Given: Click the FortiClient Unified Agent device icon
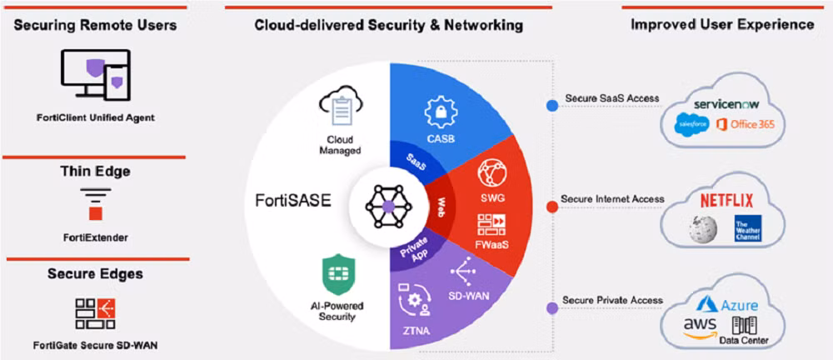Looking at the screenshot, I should [95, 74].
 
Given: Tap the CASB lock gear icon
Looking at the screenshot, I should [438, 111].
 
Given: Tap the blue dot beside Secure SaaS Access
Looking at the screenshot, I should [551, 106].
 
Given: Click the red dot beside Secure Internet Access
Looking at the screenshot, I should [551, 207].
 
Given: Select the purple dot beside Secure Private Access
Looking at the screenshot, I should [551, 307].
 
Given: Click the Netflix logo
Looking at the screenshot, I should [726, 200].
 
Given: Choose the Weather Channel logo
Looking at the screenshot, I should [746, 229].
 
